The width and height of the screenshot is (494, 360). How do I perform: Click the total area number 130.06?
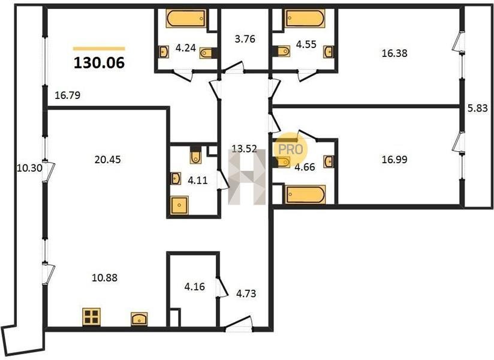point(100,63)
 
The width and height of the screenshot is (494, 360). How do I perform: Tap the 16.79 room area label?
point(67,95)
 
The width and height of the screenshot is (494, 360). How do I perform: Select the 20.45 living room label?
point(108,160)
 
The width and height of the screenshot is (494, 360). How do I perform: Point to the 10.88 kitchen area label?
point(104,278)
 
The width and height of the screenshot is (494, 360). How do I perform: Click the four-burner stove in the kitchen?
point(91,317)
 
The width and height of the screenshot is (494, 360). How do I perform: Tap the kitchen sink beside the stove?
point(139,319)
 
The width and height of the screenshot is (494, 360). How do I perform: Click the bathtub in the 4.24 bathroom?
point(186,19)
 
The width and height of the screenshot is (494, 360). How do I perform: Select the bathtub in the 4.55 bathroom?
point(305,18)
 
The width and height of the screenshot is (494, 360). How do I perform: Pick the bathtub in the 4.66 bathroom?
point(305,194)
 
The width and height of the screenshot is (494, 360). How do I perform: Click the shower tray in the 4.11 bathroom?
point(179,205)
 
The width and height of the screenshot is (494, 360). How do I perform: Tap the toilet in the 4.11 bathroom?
point(195,155)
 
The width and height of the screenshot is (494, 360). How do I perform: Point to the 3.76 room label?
point(245,39)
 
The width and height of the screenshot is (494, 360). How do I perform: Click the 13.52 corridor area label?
point(244,148)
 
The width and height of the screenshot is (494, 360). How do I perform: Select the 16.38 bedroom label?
point(394,53)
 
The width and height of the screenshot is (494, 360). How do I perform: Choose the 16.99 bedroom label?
point(394,160)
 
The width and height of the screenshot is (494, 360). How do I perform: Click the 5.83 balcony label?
point(478,108)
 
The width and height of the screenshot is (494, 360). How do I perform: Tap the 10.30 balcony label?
point(29,168)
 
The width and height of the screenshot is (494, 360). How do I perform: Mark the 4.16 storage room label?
point(194,287)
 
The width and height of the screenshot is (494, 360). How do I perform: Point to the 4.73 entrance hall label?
point(246,293)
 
